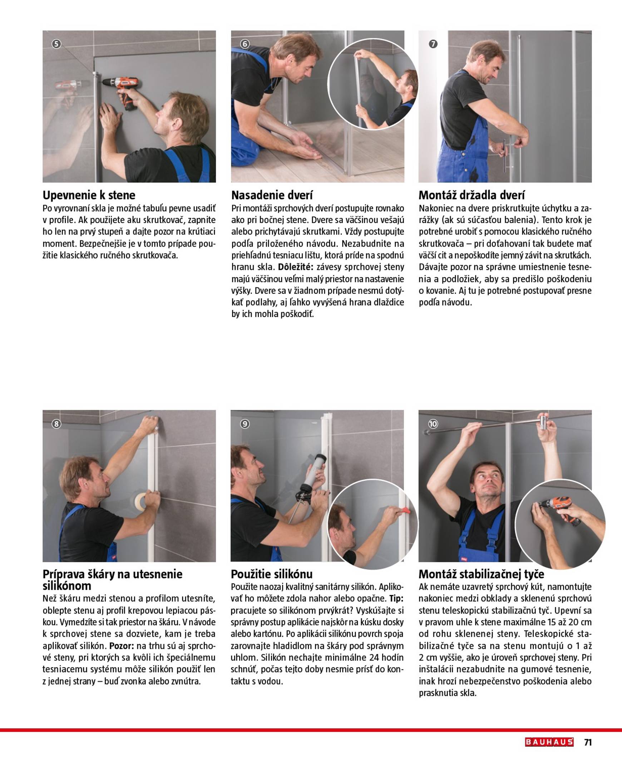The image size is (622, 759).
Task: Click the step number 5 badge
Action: point(56,44)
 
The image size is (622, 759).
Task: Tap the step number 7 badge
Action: point(433,44)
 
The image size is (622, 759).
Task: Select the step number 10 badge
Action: point(433,424)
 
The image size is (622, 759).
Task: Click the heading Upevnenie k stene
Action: point(89,195)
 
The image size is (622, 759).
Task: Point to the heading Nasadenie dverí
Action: point(272,195)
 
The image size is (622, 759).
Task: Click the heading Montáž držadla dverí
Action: point(472,195)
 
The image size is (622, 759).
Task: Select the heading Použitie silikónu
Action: point(272,575)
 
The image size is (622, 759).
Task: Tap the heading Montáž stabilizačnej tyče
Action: point(481,575)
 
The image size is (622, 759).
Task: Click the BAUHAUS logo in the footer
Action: point(549,742)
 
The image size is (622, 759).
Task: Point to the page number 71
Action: point(588,742)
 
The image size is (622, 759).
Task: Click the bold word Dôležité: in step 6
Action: point(296,267)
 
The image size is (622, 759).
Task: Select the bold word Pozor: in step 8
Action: point(122,646)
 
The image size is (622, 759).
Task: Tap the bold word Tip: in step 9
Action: point(396,599)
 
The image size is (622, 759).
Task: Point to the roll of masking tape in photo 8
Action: point(142,501)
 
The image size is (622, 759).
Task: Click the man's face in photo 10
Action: point(488,481)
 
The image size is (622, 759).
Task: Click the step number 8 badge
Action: point(56,424)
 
